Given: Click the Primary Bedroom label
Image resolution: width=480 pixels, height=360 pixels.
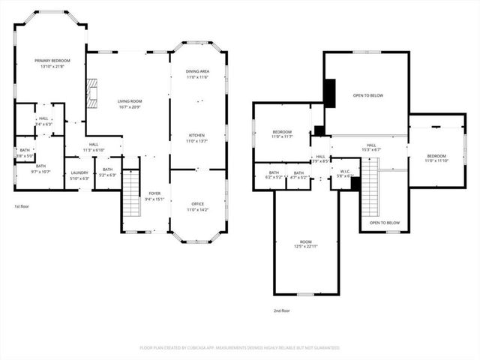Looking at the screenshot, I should [50, 64].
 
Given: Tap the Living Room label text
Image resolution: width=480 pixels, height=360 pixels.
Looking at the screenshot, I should [129, 103].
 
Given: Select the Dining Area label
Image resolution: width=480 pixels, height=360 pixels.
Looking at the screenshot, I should [197, 73].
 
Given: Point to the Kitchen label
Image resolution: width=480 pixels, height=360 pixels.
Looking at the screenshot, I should [197, 138].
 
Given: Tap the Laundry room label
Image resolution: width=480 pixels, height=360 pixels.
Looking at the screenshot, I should [79, 175].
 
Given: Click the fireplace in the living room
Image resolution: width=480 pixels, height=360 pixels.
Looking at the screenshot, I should [91, 94].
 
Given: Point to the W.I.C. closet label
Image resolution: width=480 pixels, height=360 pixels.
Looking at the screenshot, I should [344, 172].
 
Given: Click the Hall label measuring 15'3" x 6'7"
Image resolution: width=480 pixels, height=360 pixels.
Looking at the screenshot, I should [371, 148].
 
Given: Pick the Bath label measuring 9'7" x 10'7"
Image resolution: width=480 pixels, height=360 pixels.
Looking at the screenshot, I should [40, 169].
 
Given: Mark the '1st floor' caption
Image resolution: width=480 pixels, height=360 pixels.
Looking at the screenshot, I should [22, 206].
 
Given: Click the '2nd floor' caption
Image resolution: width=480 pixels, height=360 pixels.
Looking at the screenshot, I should [282, 310].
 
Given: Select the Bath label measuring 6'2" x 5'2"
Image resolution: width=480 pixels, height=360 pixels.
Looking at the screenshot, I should [274, 175].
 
